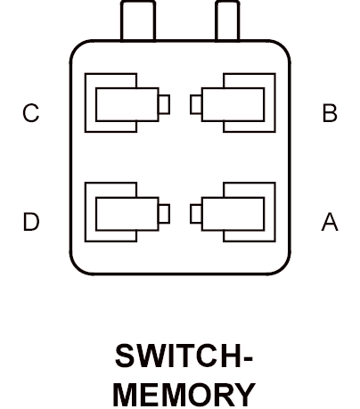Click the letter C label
pos(31,113)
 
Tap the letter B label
pos(330,113)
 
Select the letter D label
pos(31,222)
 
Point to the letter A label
pos(330,222)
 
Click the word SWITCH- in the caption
pos(184,356)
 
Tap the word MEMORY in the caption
pos(184,395)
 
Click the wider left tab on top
pos(138,20)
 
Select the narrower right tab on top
pos(227,20)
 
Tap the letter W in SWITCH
pos(151,356)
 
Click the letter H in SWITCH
pos(231,356)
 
